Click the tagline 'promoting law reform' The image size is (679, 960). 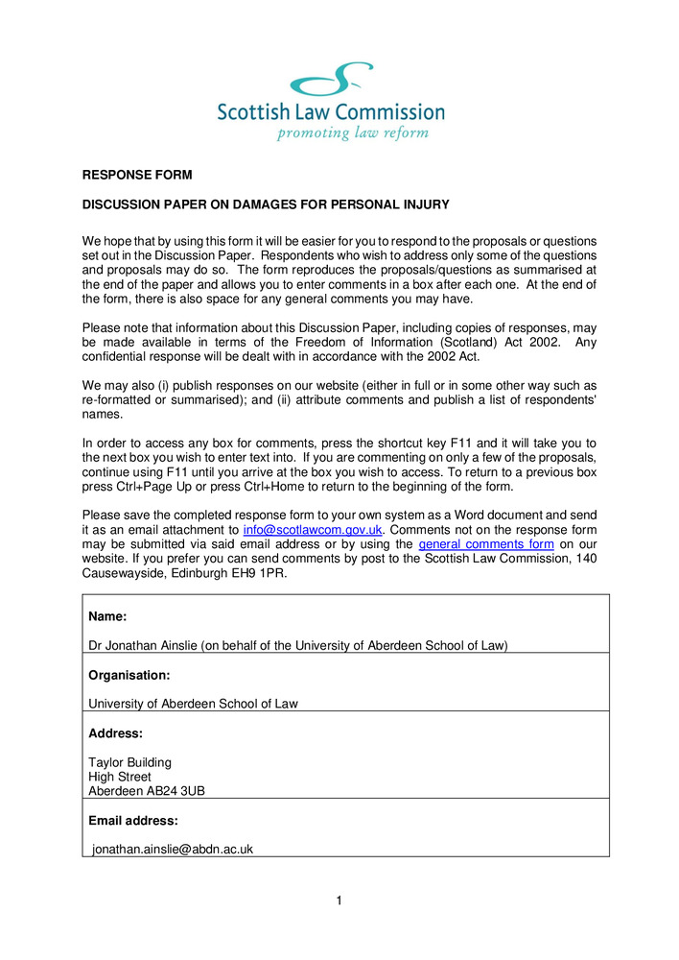pyautogui.click(x=352, y=132)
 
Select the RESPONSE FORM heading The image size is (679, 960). pyautogui.click(x=137, y=175)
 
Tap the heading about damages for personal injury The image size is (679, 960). pyautogui.click(x=266, y=204)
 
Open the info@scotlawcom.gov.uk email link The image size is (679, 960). pyautogui.click(x=314, y=530)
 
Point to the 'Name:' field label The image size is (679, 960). pyautogui.click(x=107, y=616)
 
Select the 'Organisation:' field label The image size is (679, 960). pyautogui.click(x=129, y=675)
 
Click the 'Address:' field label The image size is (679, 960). pyautogui.click(x=115, y=733)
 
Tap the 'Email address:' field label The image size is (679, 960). pyautogui.click(x=132, y=821)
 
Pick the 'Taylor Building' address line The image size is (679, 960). pyautogui.click(x=129, y=763)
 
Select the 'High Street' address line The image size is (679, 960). pyautogui.click(x=119, y=777)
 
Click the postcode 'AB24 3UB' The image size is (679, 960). pyautogui.click(x=176, y=791)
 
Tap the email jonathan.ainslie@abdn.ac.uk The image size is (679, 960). pyautogui.click(x=173, y=850)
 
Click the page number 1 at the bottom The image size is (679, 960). pyautogui.click(x=339, y=900)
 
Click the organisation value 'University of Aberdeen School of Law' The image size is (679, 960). pyautogui.click(x=193, y=704)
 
